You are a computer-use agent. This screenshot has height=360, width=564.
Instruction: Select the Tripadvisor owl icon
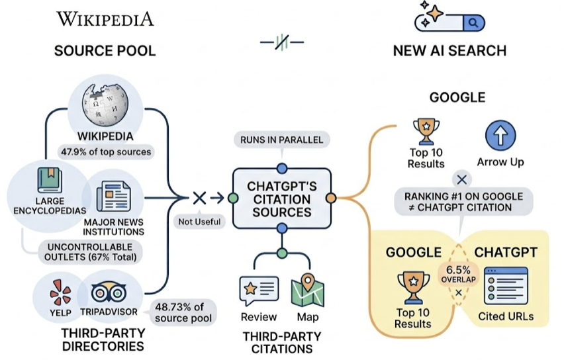107,292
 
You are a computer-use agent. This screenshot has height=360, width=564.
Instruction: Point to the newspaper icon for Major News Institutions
113,197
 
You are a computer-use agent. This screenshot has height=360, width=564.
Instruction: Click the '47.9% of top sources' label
105,151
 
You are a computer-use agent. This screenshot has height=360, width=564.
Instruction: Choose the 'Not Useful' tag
199,222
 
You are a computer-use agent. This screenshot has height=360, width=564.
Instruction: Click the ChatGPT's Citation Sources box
281,199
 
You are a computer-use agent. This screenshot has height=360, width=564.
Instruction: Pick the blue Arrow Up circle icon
500,136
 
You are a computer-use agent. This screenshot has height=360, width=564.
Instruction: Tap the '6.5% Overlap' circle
458,273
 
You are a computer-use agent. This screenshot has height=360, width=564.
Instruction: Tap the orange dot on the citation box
332,197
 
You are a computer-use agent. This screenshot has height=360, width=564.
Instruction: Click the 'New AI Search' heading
449,51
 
